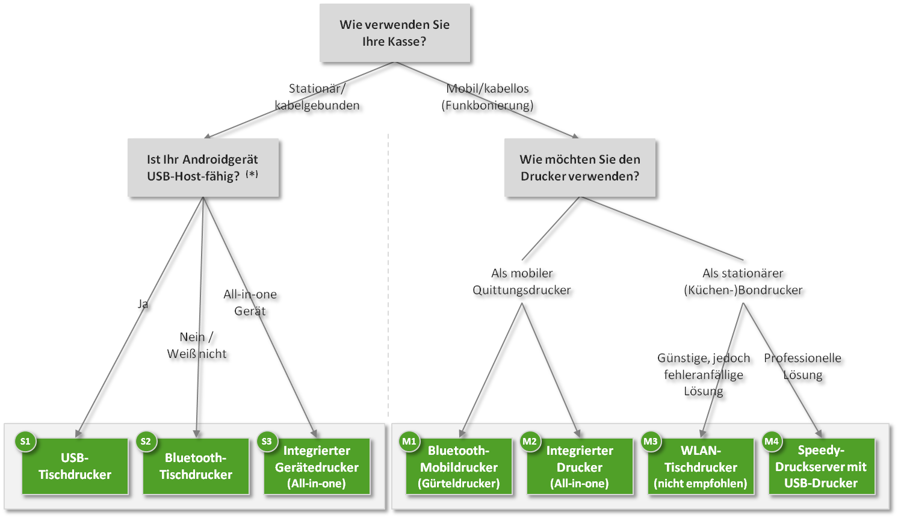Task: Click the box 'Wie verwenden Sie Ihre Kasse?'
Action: pos(394,33)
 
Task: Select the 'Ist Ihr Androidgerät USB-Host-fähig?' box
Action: pos(203,168)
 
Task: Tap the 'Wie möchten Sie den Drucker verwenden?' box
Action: pos(580,168)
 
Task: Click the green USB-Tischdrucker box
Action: pos(75,467)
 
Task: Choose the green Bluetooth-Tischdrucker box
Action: pos(196,467)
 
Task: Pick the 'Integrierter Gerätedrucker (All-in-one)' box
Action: pos(317,467)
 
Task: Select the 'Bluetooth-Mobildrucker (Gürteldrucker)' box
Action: pos(459,467)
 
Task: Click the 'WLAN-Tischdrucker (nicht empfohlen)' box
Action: pos(701,467)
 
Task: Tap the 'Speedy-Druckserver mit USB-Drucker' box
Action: pos(822,467)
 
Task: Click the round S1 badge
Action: pos(25,442)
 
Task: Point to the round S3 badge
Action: pos(267,442)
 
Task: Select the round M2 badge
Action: pos(530,442)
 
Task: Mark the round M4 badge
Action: pos(772,442)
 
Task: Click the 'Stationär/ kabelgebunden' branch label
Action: pos(317,97)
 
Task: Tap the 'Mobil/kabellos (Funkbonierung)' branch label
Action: pos(488,97)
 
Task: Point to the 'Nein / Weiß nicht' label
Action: pos(197,345)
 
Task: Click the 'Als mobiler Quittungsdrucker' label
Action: pos(521,282)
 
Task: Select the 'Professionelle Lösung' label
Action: pos(802,366)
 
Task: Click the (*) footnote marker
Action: pos(252,174)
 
